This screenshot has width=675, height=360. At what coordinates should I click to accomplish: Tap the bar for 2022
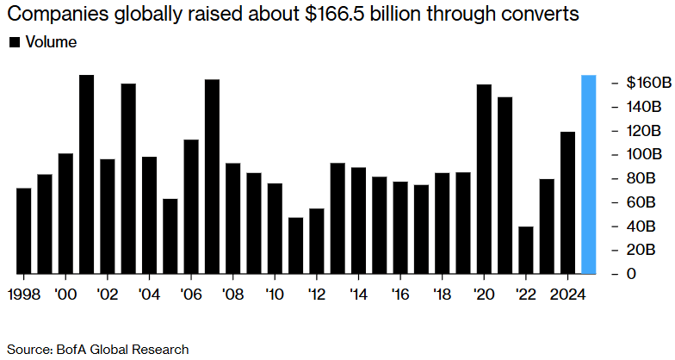pos(526,250)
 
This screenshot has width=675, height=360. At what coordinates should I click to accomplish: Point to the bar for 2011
pos(296,245)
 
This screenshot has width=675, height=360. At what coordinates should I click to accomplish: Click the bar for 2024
pos(568,202)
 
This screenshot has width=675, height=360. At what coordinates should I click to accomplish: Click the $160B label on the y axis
pos(648,83)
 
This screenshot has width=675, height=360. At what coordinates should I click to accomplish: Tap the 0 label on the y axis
pos(632,274)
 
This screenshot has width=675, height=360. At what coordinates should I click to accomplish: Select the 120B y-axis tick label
pos(644,131)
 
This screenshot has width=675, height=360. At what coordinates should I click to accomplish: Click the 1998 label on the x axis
pos(24,293)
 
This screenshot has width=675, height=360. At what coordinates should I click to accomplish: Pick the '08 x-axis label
pos(232,293)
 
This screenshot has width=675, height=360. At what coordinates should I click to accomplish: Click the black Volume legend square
pos(14,42)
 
